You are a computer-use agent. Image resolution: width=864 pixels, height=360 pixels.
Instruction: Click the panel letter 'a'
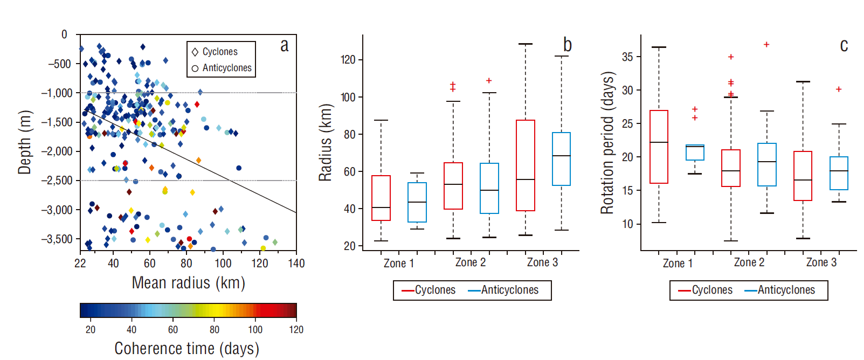click(285, 46)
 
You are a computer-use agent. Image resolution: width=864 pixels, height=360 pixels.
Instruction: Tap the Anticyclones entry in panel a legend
click(222, 68)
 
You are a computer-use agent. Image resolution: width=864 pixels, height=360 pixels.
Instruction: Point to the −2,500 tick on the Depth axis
click(58, 181)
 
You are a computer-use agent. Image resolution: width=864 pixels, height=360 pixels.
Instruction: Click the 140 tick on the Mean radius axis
click(296, 264)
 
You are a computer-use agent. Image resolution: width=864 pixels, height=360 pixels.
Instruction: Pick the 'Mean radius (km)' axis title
click(188, 283)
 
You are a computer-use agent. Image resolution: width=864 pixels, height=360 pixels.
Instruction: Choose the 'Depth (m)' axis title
click(24, 142)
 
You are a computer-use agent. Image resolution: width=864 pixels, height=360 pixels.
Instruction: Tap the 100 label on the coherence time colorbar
click(255, 330)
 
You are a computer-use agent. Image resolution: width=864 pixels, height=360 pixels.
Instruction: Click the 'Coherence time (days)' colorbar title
click(186, 349)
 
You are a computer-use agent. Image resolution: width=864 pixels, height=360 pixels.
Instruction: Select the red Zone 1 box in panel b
click(381, 198)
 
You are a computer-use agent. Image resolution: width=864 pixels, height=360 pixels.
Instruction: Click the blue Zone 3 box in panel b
click(561, 159)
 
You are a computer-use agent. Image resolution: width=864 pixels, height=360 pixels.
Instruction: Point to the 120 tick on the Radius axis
click(348, 60)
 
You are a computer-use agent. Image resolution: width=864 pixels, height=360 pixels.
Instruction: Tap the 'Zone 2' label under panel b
click(471, 262)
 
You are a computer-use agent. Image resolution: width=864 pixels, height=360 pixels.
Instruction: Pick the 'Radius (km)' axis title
click(325, 142)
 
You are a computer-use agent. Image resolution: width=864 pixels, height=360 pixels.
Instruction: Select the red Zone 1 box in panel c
click(659, 147)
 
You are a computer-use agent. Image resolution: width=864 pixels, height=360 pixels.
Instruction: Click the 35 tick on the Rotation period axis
click(627, 57)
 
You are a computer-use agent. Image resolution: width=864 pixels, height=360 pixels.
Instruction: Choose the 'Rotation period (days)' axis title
click(607, 142)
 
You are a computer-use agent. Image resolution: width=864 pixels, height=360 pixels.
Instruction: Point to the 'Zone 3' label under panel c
click(821, 262)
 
